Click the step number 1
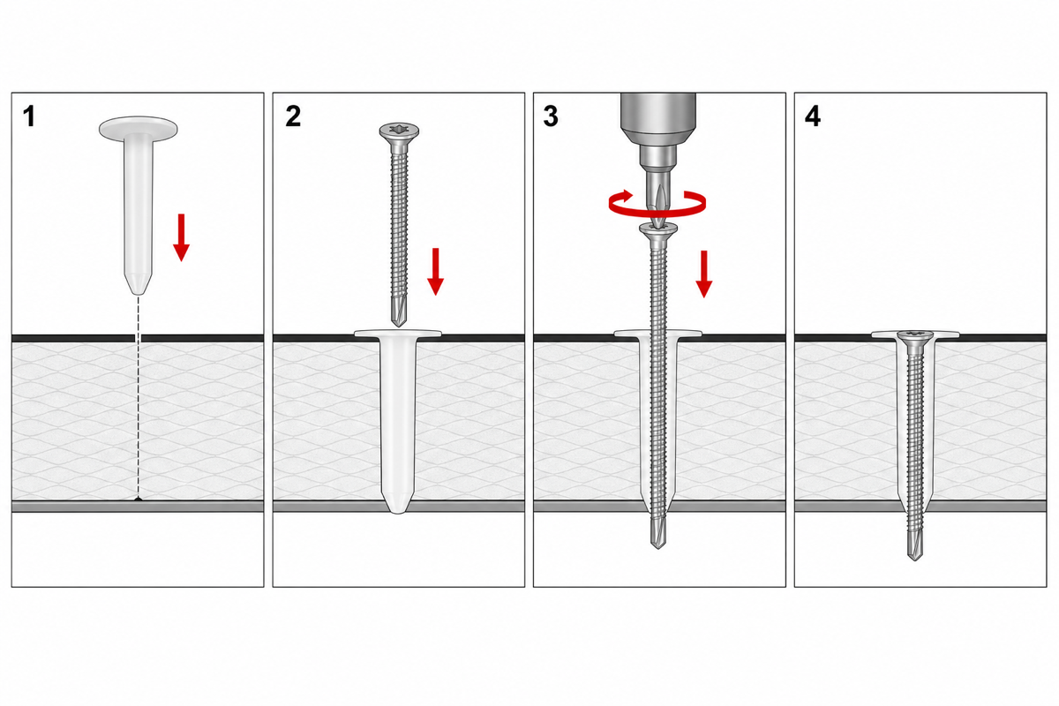click(x=29, y=116)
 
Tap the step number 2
click(x=293, y=116)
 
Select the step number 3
click(x=551, y=116)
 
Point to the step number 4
click(x=813, y=116)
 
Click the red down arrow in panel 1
click(x=181, y=237)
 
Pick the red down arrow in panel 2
click(x=435, y=272)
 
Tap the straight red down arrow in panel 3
click(x=704, y=274)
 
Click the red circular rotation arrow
click(x=657, y=204)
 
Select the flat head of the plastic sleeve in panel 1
click(x=138, y=128)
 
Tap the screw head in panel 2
click(x=399, y=131)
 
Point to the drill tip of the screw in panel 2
click(x=399, y=312)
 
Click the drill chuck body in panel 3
click(x=658, y=129)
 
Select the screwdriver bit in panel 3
click(x=658, y=199)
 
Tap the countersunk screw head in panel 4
click(x=916, y=337)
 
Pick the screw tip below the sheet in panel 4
click(x=915, y=544)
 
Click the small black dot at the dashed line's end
click(x=138, y=499)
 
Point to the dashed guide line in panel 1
click(x=138, y=396)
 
